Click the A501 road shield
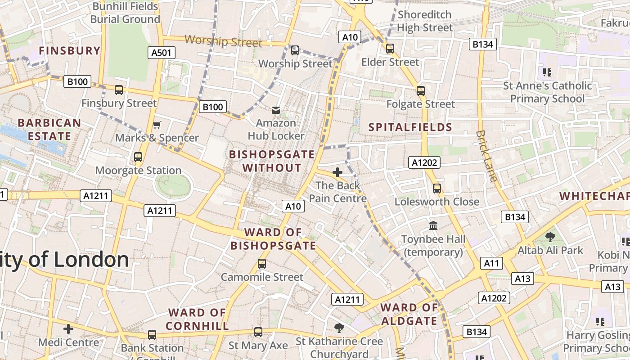(162, 53)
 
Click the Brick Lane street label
(486, 156)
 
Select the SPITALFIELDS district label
(410, 127)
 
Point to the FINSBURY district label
(70, 50)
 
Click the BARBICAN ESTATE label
(49, 130)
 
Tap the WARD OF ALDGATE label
(409, 314)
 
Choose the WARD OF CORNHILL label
(197, 319)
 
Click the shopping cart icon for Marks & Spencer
(157, 125)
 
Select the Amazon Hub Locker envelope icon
(276, 110)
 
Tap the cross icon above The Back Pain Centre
(337, 172)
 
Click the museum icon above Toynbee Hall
(433, 225)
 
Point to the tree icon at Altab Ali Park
(550, 237)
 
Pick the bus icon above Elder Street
(390, 49)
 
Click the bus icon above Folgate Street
(421, 91)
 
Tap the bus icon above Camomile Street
(262, 264)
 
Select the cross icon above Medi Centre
(68, 329)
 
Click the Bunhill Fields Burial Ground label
(125, 13)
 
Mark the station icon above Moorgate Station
(138, 157)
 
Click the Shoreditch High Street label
(424, 21)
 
